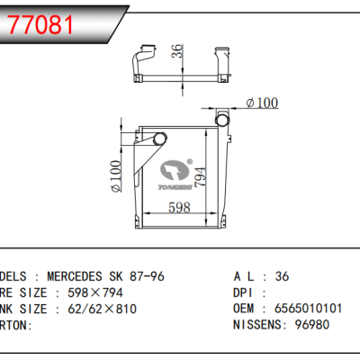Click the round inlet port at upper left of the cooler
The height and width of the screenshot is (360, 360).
coord(160,138)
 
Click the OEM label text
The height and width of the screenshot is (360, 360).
coord(246,308)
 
